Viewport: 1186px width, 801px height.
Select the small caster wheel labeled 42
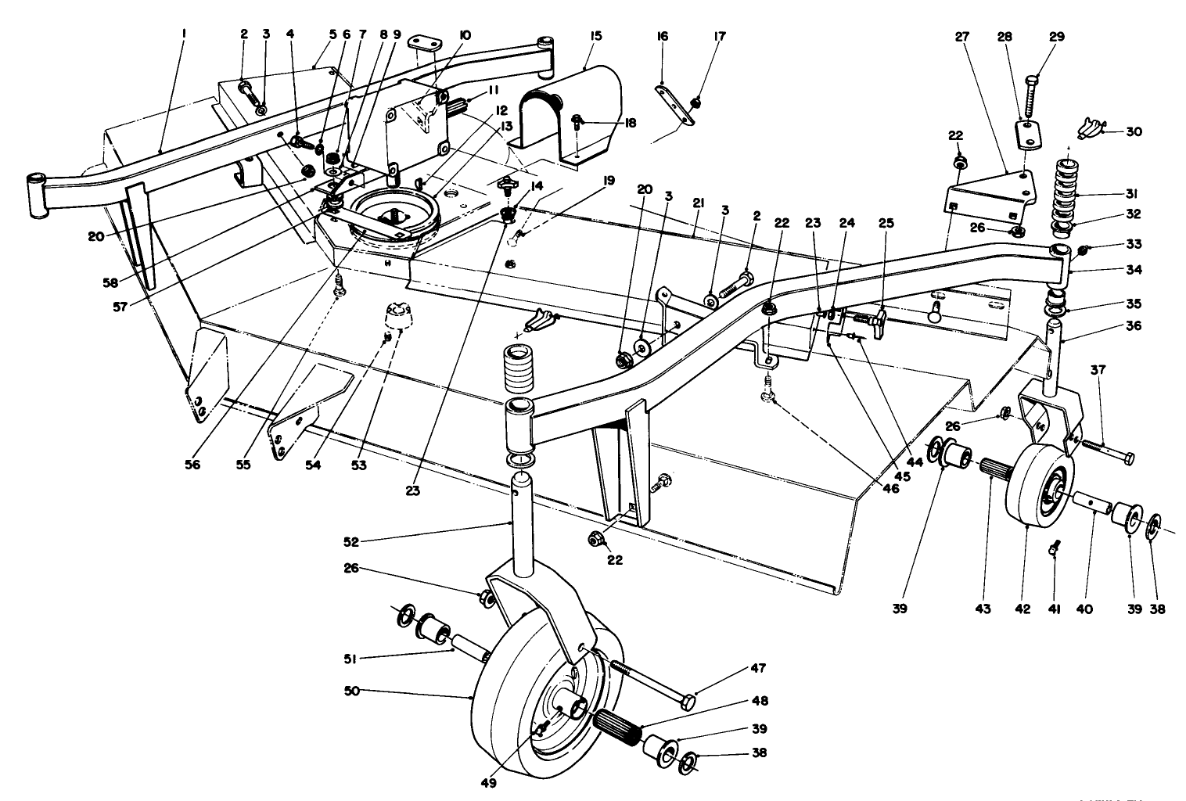[1037, 489]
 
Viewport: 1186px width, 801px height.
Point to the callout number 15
[596, 36]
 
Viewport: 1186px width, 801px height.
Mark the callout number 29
[1057, 36]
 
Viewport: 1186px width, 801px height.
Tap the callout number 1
[184, 34]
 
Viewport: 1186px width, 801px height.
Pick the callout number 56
[192, 465]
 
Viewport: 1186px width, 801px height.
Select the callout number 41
[1054, 609]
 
